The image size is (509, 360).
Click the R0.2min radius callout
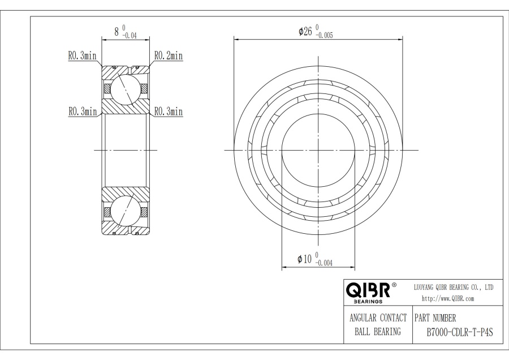point(169,56)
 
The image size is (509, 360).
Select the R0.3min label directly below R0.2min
point(169,112)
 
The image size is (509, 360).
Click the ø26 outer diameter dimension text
point(305,31)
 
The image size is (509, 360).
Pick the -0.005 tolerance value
point(324,36)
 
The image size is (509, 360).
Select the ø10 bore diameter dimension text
point(305,259)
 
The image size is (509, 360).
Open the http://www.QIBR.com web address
point(448,298)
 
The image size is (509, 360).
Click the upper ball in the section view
point(125,88)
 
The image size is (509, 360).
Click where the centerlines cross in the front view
point(318,150)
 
